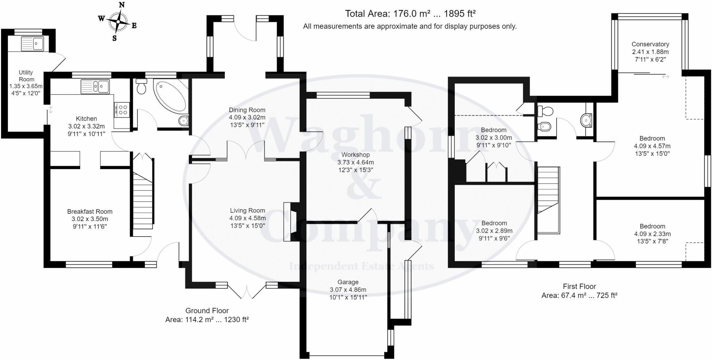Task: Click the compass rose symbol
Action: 118,22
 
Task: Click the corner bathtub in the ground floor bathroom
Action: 170,95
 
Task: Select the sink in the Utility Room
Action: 32,44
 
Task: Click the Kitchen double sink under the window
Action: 95,86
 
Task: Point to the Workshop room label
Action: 355,155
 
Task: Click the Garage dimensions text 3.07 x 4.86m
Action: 348,290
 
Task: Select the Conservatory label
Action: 650,44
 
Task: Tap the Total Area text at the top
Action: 410,14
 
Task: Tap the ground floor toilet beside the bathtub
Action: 141,87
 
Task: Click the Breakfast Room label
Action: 90,212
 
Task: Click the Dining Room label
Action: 247,110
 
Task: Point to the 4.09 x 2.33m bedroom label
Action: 652,234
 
